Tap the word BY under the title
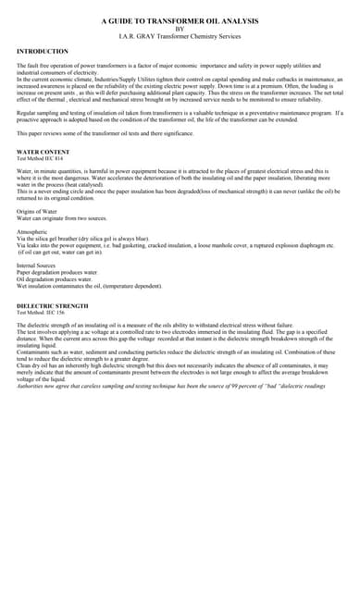180,28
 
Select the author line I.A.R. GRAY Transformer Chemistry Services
180,35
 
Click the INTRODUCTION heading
43,52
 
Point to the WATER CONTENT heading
43,151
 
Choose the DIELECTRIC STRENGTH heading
53,305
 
